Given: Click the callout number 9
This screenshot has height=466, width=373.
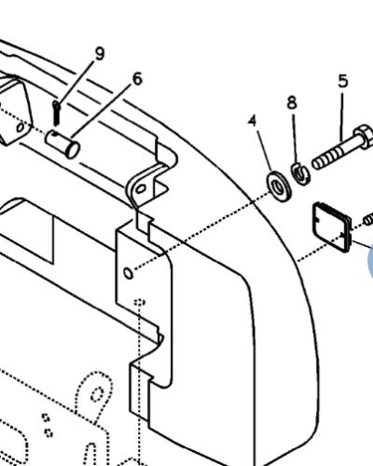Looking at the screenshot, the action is [100, 54].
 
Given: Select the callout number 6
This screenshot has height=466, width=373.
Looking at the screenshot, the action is [137, 79].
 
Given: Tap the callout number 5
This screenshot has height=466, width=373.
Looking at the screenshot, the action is [343, 81].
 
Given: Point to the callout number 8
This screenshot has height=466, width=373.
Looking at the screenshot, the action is [292, 103].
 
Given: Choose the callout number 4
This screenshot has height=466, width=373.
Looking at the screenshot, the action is [253, 120].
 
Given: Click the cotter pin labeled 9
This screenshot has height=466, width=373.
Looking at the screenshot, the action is [56, 113].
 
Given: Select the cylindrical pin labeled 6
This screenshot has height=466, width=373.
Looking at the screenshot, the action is [62, 144].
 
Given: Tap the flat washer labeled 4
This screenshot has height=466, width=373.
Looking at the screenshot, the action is [279, 186].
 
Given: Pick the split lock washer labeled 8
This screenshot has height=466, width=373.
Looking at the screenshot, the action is [300, 173].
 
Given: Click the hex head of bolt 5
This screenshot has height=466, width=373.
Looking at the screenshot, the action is [364, 136].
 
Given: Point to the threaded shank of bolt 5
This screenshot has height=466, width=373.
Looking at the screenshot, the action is [333, 156].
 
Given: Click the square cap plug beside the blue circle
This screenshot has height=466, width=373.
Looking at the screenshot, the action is [332, 226].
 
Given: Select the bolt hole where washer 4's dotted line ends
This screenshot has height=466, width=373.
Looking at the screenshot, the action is [129, 273].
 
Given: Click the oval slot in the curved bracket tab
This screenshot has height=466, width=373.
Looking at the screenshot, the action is [141, 188].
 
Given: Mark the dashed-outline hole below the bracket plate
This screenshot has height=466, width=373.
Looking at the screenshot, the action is [139, 302].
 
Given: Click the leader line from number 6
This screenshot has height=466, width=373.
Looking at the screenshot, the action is [101, 111].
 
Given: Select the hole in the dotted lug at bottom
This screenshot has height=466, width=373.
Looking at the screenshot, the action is [97, 394].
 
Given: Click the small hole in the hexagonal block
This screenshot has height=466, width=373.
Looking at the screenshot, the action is [20, 128].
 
